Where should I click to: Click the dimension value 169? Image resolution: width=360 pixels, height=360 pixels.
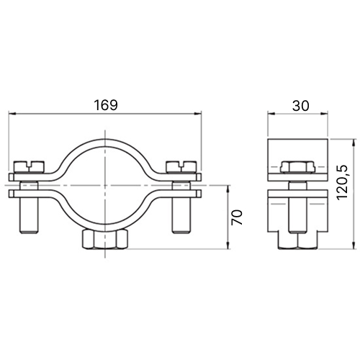106,105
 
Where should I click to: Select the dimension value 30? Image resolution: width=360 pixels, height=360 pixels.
301,105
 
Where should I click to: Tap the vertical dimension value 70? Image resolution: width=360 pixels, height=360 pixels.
237,217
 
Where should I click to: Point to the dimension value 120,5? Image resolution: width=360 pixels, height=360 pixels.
342,182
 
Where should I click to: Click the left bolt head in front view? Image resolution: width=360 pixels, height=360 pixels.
30,166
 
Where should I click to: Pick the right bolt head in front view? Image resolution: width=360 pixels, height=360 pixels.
181,166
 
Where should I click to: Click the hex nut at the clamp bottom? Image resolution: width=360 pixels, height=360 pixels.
105,239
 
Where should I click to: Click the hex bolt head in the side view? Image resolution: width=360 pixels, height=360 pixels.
297,167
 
